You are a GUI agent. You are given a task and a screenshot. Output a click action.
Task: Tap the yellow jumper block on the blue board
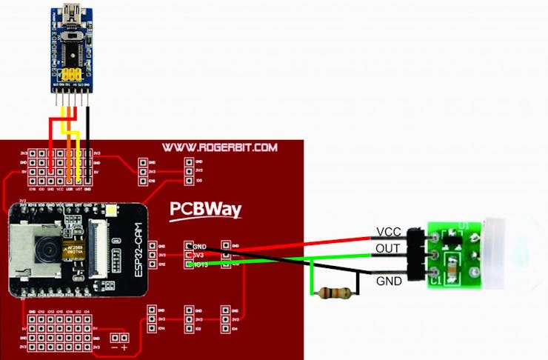click(71, 76)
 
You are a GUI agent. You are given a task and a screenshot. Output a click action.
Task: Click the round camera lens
click(46, 252)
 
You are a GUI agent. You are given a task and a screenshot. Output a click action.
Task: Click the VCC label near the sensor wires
click(388, 232)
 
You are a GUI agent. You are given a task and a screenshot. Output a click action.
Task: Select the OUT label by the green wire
click(388, 247)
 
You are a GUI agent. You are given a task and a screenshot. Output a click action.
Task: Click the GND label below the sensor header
click(388, 281)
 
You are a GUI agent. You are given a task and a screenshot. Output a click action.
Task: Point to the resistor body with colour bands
click(333, 293)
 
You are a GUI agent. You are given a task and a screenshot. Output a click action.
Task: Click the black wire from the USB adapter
click(88, 141)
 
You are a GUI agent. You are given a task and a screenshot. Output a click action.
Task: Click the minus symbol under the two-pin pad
click(113, 348)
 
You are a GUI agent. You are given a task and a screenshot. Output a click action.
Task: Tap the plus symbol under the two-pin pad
click(124, 348)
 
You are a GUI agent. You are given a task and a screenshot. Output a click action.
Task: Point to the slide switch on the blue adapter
click(72, 35)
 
